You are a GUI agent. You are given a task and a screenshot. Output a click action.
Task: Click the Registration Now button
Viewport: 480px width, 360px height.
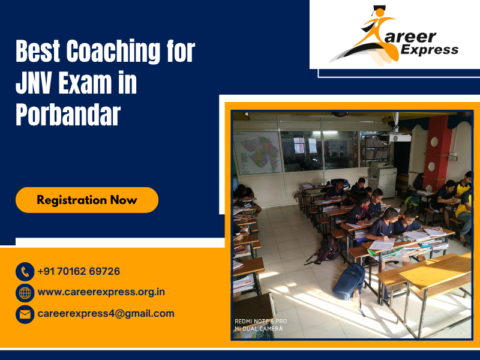[87, 200]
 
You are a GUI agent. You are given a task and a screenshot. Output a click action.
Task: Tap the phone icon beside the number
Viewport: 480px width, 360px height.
[25, 272]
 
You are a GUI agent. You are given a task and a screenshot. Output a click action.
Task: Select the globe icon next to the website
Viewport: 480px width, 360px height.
[25, 293]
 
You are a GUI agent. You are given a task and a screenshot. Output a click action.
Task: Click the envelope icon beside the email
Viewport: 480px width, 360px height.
[25, 314]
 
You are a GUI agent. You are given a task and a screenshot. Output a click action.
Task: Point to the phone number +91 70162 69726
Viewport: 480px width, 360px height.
[79, 271]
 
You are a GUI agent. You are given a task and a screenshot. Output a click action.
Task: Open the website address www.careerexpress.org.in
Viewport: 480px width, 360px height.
[101, 292]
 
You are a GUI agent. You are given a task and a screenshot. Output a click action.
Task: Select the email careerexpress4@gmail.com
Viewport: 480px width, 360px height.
[106, 313]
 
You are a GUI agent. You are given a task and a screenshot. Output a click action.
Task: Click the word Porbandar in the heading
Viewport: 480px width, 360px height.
[68, 115]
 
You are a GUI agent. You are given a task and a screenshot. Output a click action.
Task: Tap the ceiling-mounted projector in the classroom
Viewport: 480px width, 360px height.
[399, 137]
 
